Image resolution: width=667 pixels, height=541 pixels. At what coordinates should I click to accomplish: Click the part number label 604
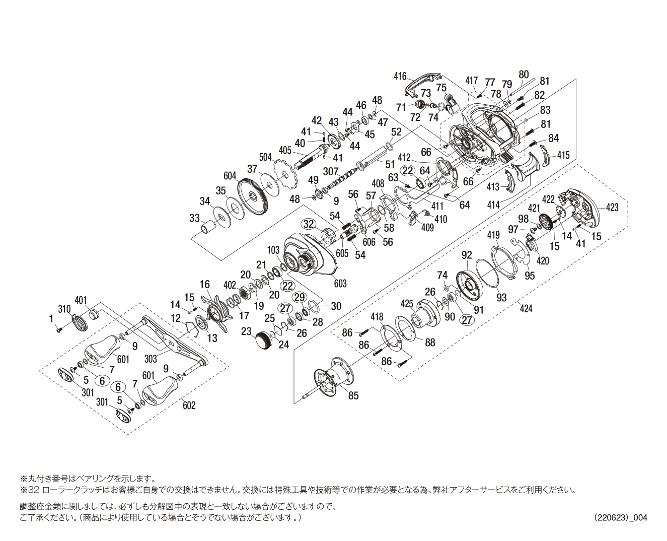[230, 176]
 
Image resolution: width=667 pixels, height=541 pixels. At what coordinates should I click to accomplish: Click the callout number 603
[340, 284]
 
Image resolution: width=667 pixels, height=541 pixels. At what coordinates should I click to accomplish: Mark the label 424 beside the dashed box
[526, 308]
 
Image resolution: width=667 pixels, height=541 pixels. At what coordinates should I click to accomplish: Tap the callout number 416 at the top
[400, 77]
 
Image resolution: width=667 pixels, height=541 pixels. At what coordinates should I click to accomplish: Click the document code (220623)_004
[621, 517]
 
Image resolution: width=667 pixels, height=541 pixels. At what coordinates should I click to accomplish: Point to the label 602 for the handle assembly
[189, 405]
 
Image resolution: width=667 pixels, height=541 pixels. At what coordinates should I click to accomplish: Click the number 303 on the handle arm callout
[151, 359]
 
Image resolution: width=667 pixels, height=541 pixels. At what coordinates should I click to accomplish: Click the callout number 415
[563, 155]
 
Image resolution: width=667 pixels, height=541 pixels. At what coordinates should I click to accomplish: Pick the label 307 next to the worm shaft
[331, 172]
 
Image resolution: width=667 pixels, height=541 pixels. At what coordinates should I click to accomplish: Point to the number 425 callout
[407, 304]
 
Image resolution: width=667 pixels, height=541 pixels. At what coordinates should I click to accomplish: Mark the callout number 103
[273, 250]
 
